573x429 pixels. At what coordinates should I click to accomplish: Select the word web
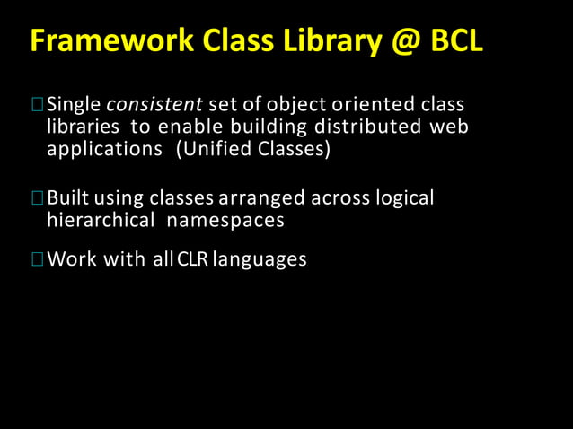point(449,127)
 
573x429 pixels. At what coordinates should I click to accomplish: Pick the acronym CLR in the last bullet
point(193,260)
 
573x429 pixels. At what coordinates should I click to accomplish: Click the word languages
point(260,260)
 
